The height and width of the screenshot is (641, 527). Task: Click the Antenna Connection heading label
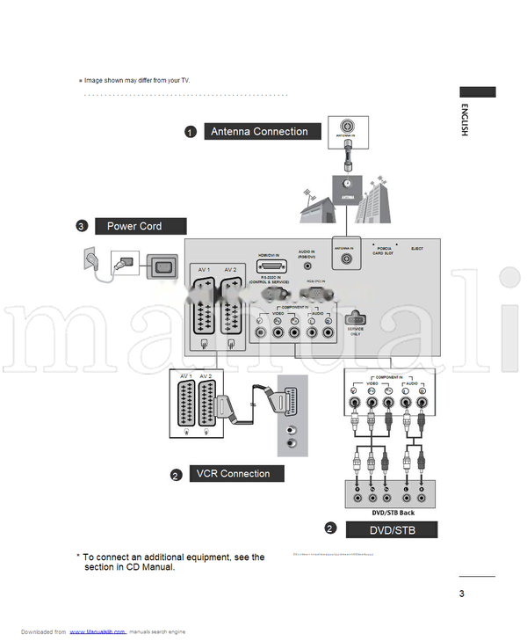pos(259,132)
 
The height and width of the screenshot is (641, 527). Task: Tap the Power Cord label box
pos(141,226)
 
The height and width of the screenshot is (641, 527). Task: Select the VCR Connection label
pos(233,474)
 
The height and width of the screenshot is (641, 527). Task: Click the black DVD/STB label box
pos(391,530)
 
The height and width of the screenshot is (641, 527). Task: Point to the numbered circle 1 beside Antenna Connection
pos(190,133)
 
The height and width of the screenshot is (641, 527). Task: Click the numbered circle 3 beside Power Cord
pos(82,227)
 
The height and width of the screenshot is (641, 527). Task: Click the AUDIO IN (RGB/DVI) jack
pos(307,265)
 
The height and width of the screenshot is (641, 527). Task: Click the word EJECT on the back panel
pos(416,249)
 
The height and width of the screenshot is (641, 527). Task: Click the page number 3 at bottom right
pos(461,594)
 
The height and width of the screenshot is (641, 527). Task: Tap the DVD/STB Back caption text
pos(393,513)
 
